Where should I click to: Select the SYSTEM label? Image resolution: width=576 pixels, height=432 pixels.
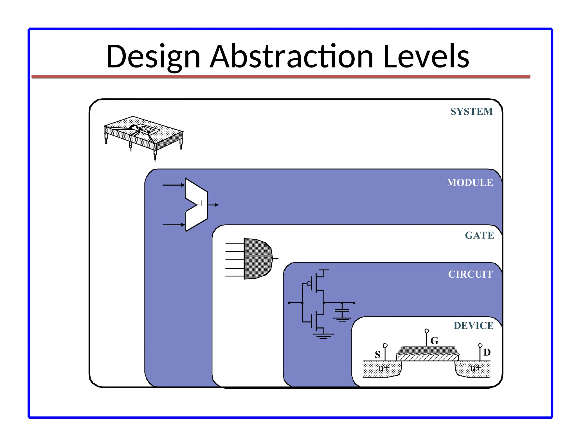[x=471, y=111]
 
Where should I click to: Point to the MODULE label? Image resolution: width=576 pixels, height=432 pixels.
[x=470, y=183]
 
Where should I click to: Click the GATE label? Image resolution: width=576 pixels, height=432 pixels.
[x=479, y=235]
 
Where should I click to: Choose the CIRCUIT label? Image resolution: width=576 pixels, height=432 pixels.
[x=470, y=274]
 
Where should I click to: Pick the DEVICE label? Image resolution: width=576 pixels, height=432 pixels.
[x=473, y=325]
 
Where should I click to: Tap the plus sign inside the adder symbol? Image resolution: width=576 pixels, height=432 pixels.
[x=202, y=203]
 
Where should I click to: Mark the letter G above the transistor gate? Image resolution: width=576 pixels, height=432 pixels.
[x=434, y=341]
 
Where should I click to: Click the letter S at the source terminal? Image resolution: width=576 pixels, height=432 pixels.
[x=377, y=354]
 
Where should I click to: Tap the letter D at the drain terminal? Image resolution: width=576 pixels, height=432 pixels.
[x=487, y=352]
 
